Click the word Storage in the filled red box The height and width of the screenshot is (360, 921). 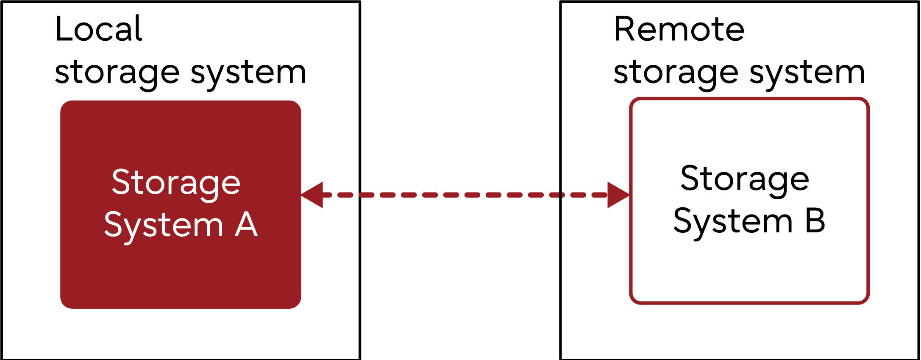tap(176, 183)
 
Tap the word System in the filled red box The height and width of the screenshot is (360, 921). tap(164, 226)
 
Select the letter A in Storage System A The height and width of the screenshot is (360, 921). tap(246, 225)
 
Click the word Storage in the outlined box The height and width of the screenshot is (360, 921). tap(745, 179)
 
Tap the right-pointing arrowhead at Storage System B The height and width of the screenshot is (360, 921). tap(618, 195)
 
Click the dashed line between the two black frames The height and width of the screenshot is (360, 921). tap(460, 195)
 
